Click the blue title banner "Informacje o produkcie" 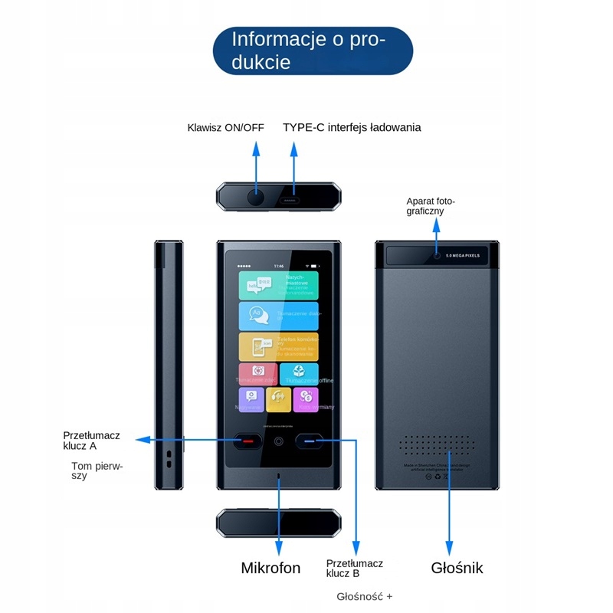313,50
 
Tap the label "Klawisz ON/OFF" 225,127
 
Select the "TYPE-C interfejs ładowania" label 352,127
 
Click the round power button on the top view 255,198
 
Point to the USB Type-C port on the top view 292,198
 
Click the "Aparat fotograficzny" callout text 430,206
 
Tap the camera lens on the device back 437,255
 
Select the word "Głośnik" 457,568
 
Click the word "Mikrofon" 270,568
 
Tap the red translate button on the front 247,442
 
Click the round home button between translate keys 279,442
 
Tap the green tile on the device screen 278,284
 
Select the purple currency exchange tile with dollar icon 306,398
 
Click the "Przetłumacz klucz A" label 91,440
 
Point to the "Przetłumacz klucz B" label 354,568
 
